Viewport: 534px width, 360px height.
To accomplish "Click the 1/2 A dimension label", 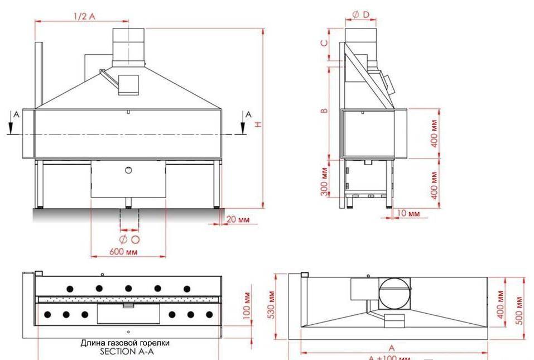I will [x=84, y=16].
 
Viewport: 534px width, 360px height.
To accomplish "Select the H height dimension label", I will [x=257, y=124].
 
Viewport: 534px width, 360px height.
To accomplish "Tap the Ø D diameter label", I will [x=360, y=15].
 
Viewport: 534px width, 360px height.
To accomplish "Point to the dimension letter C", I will [x=324, y=42].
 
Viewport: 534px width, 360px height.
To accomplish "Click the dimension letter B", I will [x=324, y=111].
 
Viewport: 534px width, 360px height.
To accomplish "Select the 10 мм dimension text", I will [x=410, y=213].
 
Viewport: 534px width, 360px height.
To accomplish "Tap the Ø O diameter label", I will [x=129, y=239].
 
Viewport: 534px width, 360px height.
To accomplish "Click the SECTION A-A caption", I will [x=126, y=352].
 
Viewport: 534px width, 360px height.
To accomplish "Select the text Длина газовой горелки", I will [x=125, y=343].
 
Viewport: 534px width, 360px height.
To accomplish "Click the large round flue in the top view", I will [x=395, y=292].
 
